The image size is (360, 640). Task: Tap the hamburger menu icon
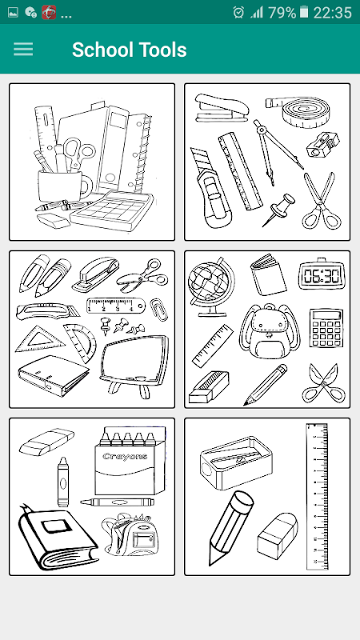[x=23, y=50]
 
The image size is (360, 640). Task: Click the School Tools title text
[x=130, y=50]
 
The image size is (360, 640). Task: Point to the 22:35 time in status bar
[x=332, y=13]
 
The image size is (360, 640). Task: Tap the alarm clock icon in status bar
[x=238, y=13]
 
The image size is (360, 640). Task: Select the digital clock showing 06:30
[x=322, y=274]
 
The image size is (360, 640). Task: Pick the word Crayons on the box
[x=125, y=456]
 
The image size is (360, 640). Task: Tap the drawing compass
[x=273, y=151]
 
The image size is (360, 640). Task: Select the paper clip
[x=158, y=309]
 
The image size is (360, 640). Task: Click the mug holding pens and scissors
[x=62, y=186]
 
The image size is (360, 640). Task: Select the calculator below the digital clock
[x=326, y=328]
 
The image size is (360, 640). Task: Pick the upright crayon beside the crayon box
[x=62, y=482]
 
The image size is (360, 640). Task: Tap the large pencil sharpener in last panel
[x=235, y=463]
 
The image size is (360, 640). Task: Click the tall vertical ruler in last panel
[x=317, y=496]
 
